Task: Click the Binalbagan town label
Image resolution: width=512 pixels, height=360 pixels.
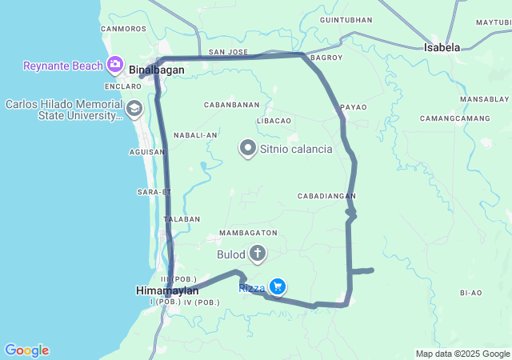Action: (157, 70)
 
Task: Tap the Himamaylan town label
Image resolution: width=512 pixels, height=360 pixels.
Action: (167, 290)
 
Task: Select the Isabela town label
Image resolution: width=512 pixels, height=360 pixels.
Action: (442, 47)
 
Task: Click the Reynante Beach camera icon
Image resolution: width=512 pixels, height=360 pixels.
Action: (115, 63)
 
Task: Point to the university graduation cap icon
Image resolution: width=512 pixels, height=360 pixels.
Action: (134, 107)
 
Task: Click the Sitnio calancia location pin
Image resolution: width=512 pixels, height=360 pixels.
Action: (248, 148)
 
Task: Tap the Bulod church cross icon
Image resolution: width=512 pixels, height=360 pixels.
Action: (258, 255)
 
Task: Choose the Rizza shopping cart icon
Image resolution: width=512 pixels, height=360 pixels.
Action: (278, 286)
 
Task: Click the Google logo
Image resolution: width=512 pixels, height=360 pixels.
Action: (26, 350)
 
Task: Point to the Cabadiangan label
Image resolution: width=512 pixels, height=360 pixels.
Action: (326, 196)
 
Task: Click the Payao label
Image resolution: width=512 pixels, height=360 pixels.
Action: (353, 107)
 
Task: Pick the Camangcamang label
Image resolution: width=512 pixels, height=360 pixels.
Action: (454, 118)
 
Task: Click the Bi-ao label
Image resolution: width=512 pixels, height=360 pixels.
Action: (471, 293)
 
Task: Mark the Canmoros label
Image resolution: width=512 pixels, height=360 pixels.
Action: (124, 29)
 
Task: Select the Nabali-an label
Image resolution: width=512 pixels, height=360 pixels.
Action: (195, 135)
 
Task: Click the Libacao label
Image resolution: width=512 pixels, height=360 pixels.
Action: (274, 120)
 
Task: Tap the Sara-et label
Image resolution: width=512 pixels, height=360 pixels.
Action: (154, 192)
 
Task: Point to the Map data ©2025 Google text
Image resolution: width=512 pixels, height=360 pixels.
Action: (462, 354)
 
